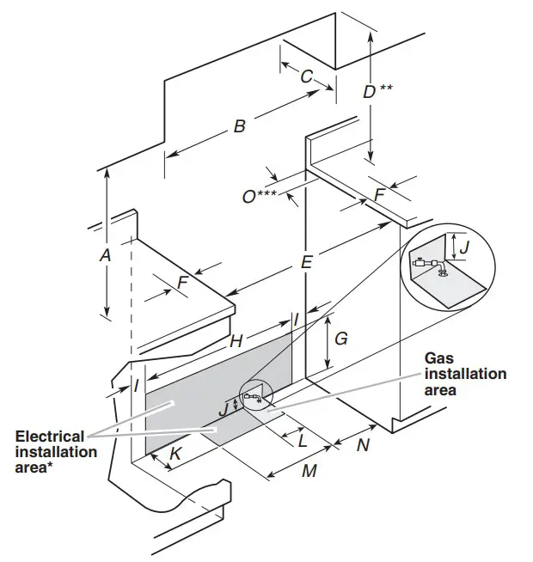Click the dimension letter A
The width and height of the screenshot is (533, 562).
106,255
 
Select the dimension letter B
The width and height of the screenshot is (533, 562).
240,127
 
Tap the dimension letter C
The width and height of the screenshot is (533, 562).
306,76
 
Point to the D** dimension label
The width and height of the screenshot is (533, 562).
377,90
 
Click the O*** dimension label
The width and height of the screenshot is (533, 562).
259,197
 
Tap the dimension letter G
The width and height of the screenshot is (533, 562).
341,339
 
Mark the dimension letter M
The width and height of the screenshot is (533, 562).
309,471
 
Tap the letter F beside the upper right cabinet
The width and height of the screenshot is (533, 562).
379,196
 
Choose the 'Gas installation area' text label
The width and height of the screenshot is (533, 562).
465,375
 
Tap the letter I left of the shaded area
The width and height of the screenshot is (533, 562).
136,386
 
